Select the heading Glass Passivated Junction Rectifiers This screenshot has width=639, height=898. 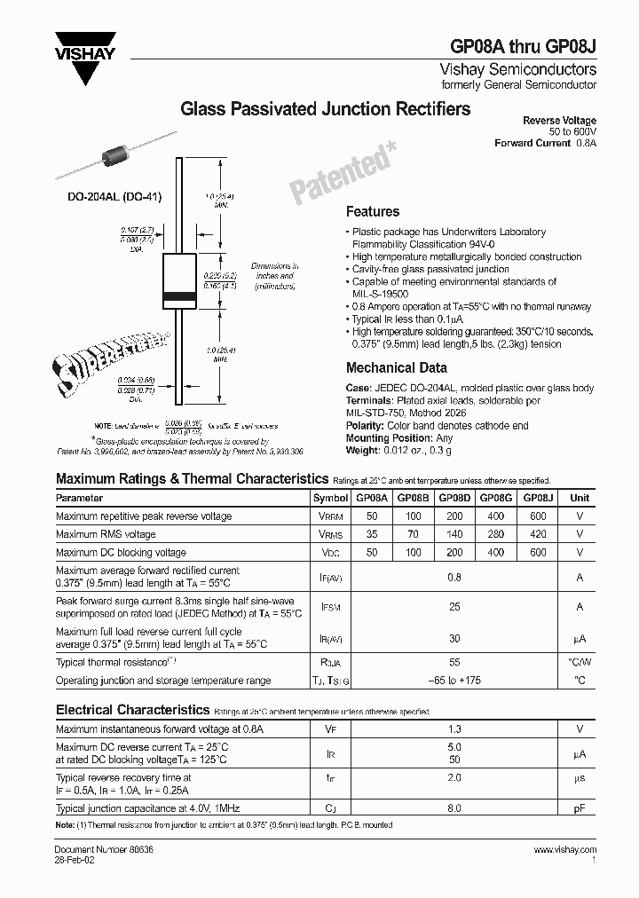tap(326, 109)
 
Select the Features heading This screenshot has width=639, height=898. tap(372, 211)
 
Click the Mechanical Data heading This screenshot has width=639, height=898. tap(396, 367)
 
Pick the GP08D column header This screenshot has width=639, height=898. tap(454, 499)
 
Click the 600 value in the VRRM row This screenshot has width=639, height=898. tap(537, 516)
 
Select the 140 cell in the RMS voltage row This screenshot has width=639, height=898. tap(454, 534)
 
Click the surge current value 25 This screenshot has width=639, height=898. tap(454, 607)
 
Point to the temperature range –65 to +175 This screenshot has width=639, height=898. tap(454, 681)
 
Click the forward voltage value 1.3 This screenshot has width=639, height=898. tap(454, 729)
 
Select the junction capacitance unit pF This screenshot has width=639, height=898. tap(580, 808)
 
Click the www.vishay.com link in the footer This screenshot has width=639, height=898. tap(565, 850)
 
